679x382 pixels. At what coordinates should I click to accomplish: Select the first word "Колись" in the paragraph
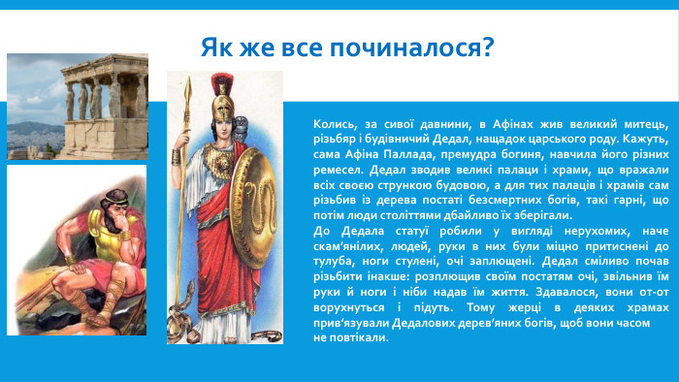point(334,125)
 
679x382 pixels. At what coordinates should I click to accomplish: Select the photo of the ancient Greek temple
point(77,106)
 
